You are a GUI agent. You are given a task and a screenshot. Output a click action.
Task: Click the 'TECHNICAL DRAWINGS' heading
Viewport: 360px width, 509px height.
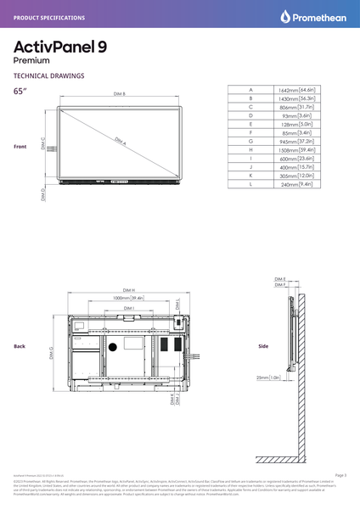coord(49,76)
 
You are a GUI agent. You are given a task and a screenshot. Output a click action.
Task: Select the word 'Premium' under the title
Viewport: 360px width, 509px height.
coord(31,61)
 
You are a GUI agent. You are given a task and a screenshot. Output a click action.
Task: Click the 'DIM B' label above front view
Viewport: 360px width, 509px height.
coord(119,94)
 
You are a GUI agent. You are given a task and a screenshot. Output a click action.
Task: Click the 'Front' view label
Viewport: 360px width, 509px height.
coord(20,147)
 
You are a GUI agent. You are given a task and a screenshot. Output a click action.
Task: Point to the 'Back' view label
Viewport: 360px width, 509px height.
coord(20,346)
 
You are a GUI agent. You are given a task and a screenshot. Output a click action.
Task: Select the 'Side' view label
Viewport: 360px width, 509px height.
coord(262,346)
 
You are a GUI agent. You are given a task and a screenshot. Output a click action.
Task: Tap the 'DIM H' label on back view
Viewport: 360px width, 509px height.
coord(129,288)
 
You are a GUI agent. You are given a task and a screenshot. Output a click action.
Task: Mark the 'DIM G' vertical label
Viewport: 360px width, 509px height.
coord(52,352)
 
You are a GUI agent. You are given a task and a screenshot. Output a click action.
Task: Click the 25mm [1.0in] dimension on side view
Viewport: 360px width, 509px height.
coord(269,377)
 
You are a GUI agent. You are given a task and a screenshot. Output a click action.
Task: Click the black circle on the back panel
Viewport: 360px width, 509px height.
coord(112,348)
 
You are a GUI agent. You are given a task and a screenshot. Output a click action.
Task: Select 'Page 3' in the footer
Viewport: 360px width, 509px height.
coord(340,476)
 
